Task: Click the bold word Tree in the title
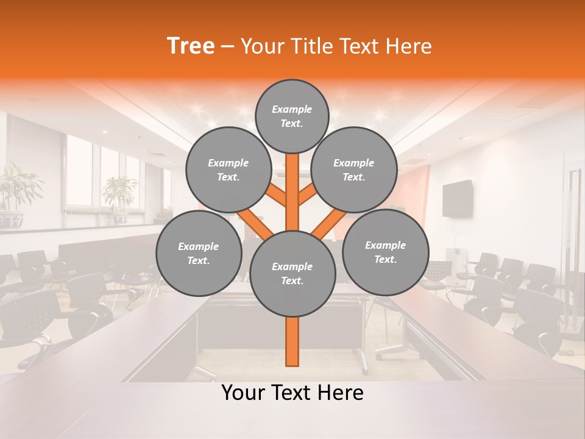pos(191,46)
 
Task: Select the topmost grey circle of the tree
pos(292,116)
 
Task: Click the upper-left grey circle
pos(228,170)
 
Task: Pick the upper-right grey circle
pos(354,170)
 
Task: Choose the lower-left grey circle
pos(199,253)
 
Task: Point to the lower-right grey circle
pos(385,252)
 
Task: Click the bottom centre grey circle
pos(292,273)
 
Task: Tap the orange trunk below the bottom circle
pos(292,341)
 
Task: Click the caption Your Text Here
pos(292,393)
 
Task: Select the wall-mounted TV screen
pos(458,198)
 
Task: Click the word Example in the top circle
pos(292,109)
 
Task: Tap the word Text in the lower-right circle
pos(383,259)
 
